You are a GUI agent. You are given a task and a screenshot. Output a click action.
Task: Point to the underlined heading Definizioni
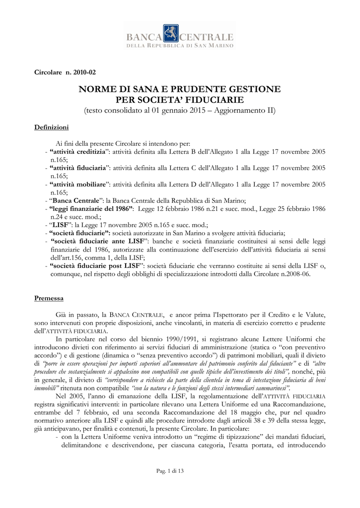51,127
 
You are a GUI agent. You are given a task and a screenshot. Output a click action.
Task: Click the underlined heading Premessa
49,298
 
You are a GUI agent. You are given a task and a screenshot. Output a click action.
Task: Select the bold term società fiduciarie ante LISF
94,241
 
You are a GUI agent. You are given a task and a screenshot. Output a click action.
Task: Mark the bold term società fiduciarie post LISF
95,266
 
